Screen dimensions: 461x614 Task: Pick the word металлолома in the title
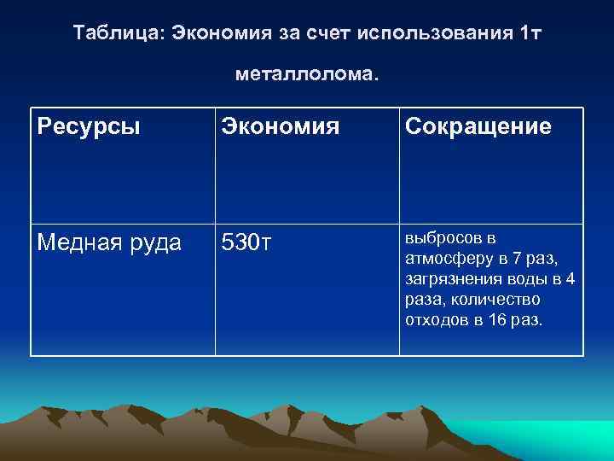tap(303, 75)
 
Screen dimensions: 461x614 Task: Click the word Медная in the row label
tap(70, 242)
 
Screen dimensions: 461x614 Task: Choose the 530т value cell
tap(246, 242)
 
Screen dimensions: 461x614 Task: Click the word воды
tap(527, 278)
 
